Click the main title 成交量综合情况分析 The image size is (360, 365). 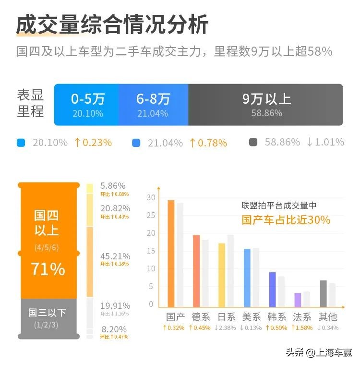[x=112, y=25]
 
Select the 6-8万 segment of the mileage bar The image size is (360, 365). [x=153, y=105]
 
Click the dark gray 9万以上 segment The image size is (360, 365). [x=266, y=105]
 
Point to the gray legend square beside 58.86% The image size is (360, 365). [x=253, y=143]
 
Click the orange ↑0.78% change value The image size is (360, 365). [x=208, y=143]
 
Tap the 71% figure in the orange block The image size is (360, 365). [x=48, y=269]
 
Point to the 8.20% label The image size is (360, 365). [x=114, y=329]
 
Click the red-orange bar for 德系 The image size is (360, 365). [x=196, y=270]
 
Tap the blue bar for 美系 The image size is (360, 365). [x=247, y=278]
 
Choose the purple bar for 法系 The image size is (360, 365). [x=298, y=300]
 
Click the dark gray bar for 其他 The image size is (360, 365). [x=323, y=293]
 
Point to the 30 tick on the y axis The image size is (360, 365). [x=151, y=198]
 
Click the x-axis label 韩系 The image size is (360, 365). [x=276, y=317]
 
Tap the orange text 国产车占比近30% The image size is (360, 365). [x=286, y=220]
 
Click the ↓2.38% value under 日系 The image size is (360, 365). [x=225, y=328]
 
